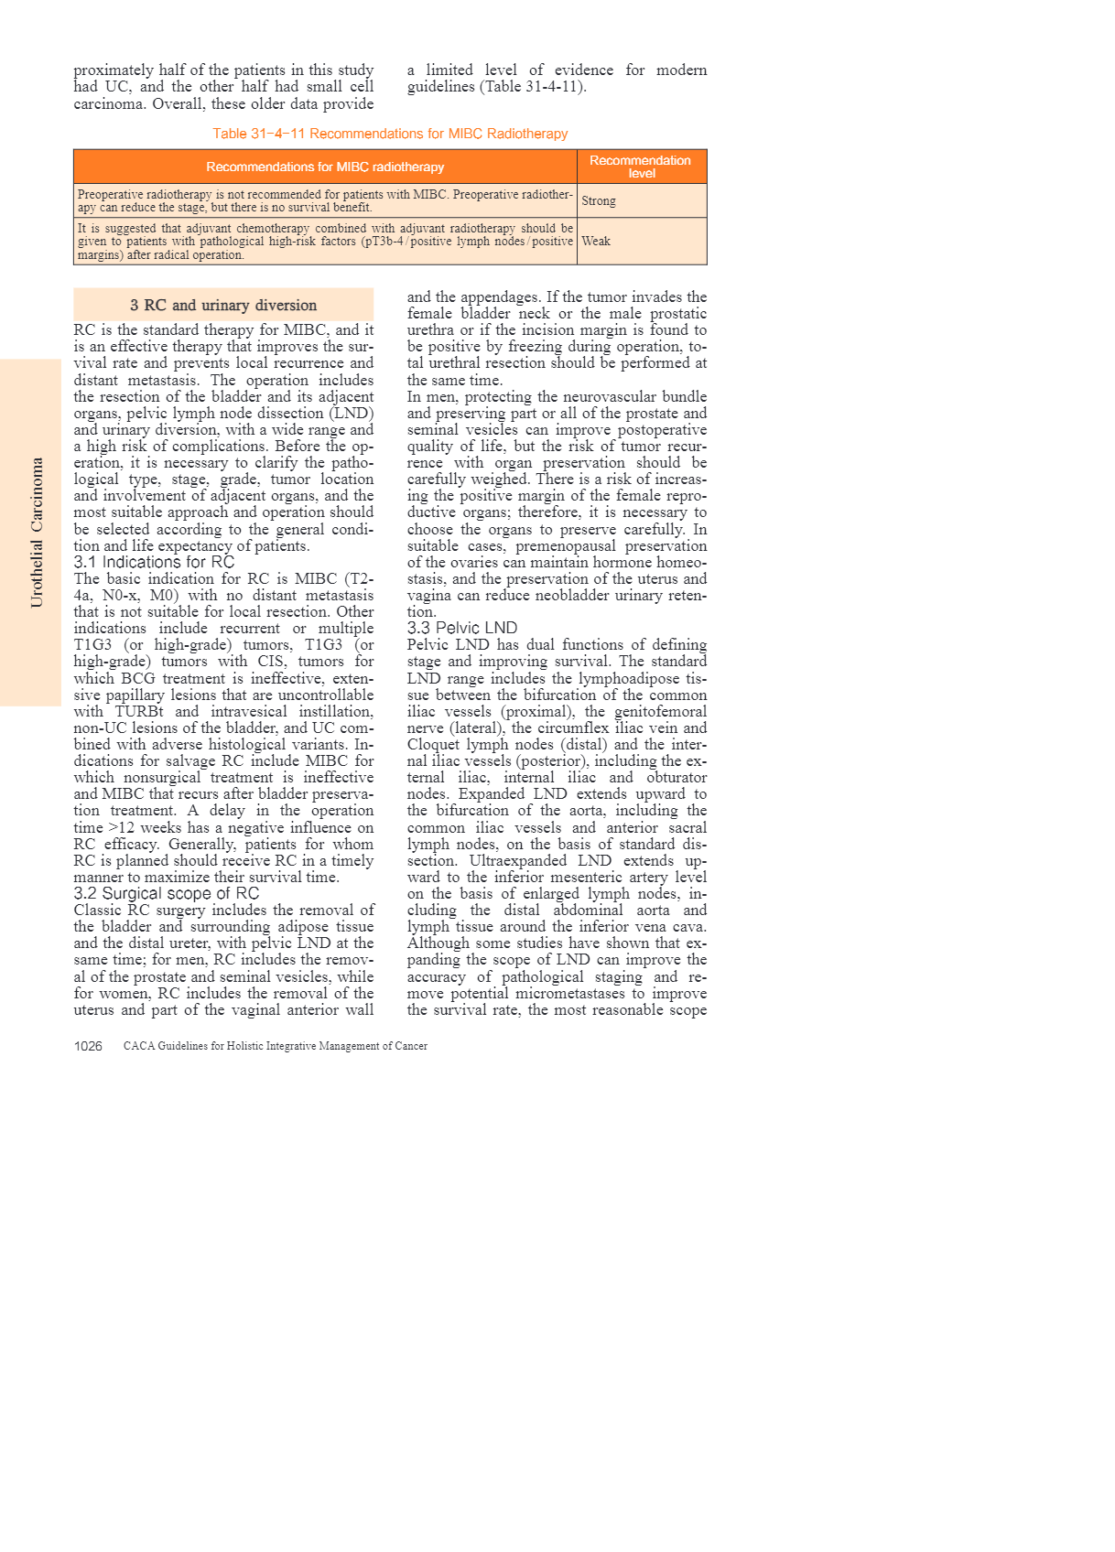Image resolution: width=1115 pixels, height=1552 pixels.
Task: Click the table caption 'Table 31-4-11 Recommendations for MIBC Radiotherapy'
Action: tap(390, 134)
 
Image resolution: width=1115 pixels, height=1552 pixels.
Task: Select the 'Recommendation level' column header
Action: tap(641, 167)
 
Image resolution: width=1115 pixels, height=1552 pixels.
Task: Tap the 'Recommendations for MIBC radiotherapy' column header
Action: tap(325, 167)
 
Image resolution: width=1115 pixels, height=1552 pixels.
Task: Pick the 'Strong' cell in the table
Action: tap(599, 201)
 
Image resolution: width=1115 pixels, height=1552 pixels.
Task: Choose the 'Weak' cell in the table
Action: tap(596, 242)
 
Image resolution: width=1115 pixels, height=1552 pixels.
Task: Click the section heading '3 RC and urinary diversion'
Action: tap(223, 306)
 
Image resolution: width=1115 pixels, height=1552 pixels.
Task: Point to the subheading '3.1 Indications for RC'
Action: tap(154, 562)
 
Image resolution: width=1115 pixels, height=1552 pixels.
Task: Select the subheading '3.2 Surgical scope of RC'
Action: tap(167, 893)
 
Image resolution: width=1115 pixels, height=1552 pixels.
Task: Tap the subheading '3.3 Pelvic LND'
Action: tap(462, 628)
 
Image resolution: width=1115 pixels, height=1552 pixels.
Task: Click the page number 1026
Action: tap(88, 1046)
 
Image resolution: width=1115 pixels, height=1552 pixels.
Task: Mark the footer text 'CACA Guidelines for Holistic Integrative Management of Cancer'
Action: tap(276, 1046)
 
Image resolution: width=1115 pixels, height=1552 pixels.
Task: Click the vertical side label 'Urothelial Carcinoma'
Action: tap(37, 533)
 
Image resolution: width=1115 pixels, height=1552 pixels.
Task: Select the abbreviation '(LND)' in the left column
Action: tap(352, 414)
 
